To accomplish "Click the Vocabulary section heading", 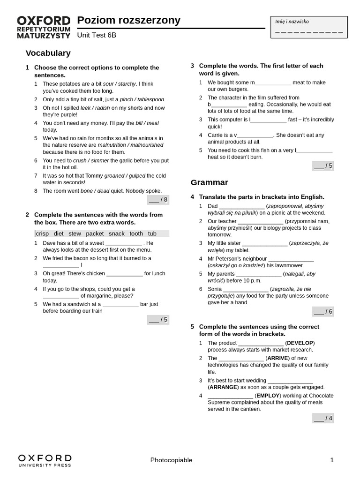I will (x=48, y=53).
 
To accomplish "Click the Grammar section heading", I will (x=210, y=182).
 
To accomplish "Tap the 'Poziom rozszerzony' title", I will (x=128, y=20).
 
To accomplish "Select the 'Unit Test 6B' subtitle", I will (x=97, y=35).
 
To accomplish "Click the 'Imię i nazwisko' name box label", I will (x=292, y=21).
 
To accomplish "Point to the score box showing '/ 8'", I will (x=158, y=200).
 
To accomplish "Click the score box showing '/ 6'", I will (x=323, y=311).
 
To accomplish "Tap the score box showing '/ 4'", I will (x=323, y=418).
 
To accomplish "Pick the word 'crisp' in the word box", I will (x=42, y=233).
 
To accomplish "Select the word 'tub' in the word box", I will (x=152, y=233).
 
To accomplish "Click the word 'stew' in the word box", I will (x=75, y=233).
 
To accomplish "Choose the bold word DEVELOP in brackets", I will (x=300, y=343).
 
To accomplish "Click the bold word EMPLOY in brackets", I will (x=268, y=396).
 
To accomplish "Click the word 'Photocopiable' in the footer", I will (x=172, y=460).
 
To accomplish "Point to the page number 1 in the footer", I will (x=332, y=460).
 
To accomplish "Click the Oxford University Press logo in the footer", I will (x=45, y=460).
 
